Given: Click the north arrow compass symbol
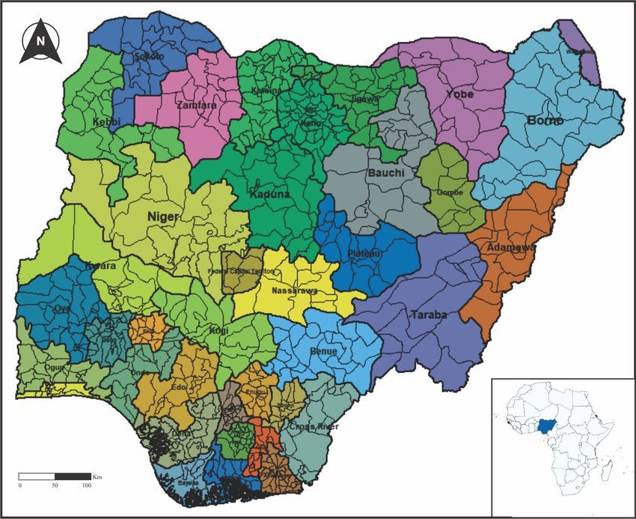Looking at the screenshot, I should coord(42,42).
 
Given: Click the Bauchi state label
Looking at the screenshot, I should coord(386,174).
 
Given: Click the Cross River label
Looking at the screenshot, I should coord(314,426).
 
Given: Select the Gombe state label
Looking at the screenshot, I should coord(450,192).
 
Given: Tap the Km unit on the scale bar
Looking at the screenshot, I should coord(97,476).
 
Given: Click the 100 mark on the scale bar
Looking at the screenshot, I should coord(87,485).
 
